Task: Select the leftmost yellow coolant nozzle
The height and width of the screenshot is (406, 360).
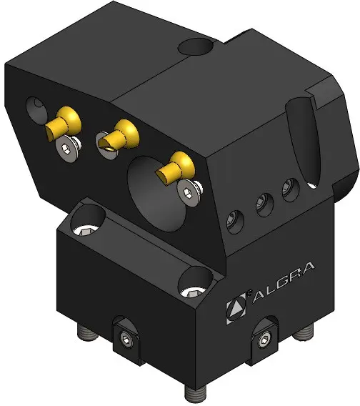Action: [x=63, y=123]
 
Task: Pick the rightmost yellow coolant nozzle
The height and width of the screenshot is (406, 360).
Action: [x=176, y=167]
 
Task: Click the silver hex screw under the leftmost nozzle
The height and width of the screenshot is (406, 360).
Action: [x=66, y=149]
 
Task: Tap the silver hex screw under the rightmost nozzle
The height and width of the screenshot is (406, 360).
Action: [x=188, y=193]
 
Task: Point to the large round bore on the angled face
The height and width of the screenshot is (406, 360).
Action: [x=155, y=194]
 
